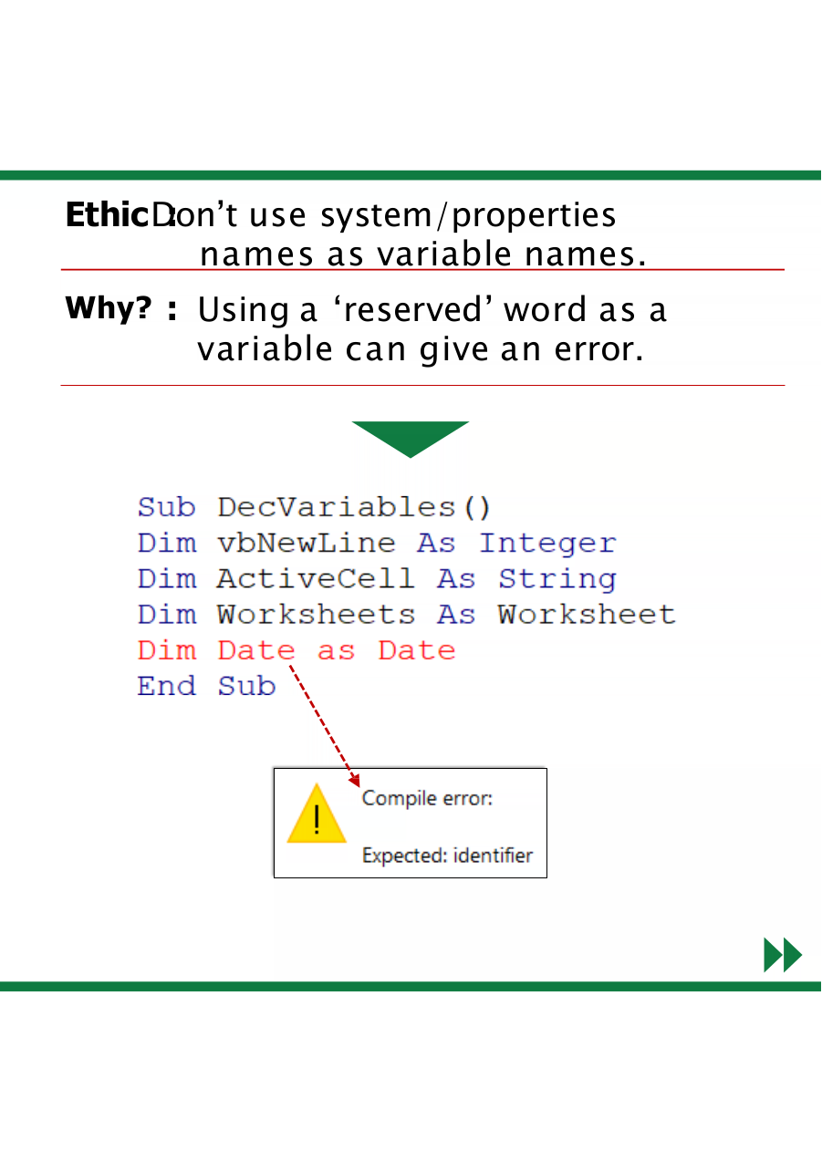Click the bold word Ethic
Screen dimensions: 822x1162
point(108,214)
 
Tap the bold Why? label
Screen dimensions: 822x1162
point(108,307)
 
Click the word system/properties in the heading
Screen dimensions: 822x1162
point(468,216)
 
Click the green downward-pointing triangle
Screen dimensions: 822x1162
point(410,436)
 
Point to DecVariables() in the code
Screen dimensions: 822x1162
point(353,507)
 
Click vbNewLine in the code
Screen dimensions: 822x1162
point(307,543)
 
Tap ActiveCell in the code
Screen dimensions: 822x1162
point(316,578)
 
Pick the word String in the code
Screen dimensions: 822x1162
point(557,580)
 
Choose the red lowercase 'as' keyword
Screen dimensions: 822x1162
point(336,651)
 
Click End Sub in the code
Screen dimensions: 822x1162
point(206,686)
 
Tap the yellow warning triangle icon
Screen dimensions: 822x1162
point(317,813)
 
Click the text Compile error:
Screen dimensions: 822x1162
point(427,798)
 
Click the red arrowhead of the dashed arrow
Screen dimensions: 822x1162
point(355,780)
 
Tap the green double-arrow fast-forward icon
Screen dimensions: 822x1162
point(783,954)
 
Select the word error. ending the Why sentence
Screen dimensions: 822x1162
point(598,349)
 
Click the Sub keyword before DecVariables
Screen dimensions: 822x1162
point(166,507)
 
